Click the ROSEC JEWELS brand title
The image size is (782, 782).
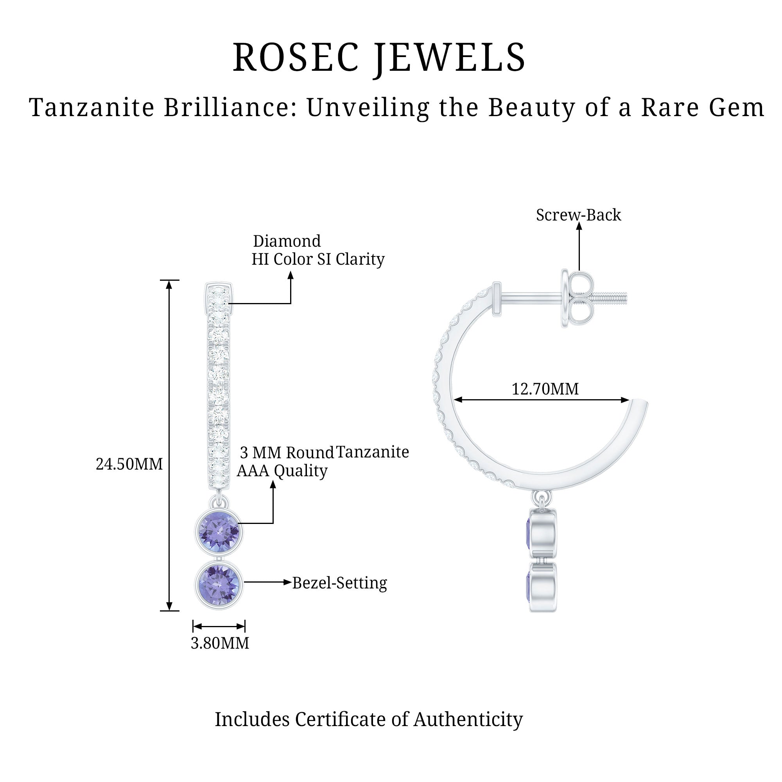tap(379, 58)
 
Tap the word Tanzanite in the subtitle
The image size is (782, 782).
tap(92, 108)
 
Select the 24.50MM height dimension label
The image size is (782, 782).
tap(129, 464)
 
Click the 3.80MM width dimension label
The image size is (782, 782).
tap(220, 643)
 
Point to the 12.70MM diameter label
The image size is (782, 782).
tap(545, 389)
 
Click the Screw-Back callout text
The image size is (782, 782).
tap(578, 215)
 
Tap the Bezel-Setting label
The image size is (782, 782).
tap(340, 583)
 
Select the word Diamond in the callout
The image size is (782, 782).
tap(287, 241)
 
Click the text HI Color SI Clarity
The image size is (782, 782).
tap(318, 259)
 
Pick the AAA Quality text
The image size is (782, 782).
tap(282, 471)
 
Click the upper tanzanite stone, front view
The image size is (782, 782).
tap(219, 531)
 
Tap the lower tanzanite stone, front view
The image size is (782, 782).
tap(219, 584)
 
